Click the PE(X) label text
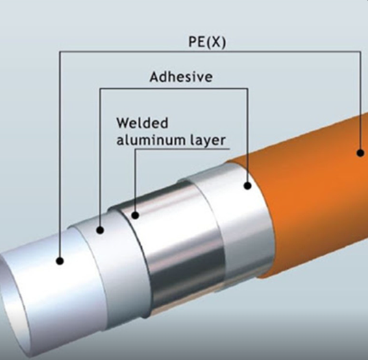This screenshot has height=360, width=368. (207, 43)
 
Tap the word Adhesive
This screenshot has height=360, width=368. (181, 77)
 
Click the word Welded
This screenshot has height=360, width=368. (143, 123)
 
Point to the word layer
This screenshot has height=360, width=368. (207, 141)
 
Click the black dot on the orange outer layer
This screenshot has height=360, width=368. (360, 153)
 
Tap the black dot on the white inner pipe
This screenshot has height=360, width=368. (60, 261)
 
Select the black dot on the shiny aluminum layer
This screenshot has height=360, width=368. (135, 215)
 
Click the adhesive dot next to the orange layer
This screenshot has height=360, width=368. (247, 186)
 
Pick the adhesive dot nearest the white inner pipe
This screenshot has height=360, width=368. (100, 230)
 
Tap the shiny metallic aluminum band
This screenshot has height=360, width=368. (178, 242)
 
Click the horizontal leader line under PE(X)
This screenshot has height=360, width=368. (210, 51)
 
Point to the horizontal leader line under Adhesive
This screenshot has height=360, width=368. (174, 88)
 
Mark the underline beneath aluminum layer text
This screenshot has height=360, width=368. (182, 149)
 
